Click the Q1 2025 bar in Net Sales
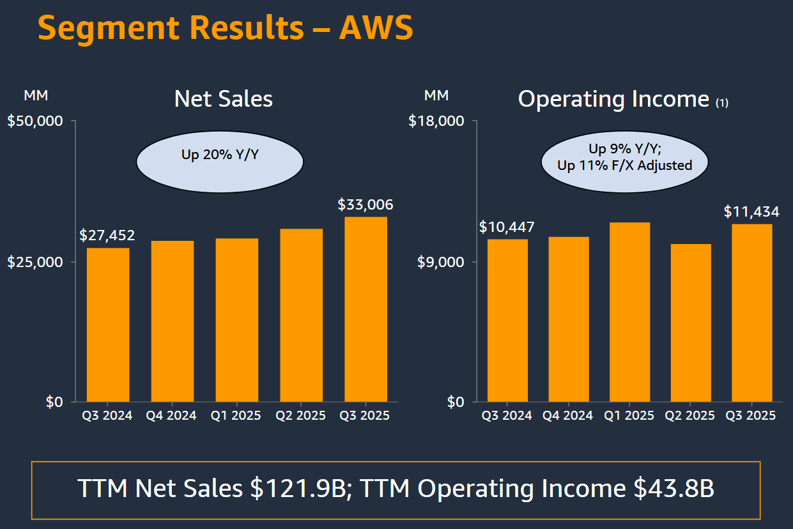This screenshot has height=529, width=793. pos(237,319)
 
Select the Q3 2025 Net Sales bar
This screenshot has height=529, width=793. pos(366,309)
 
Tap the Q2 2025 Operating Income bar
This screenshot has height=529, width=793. pos(690,323)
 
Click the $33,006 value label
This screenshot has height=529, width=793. pos(366,205)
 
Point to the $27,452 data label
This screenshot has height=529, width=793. pos(107,235)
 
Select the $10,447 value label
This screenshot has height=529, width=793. pos(507,227)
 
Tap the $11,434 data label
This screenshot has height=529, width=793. pos(751,211)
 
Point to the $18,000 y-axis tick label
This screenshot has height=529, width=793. pos(436,121)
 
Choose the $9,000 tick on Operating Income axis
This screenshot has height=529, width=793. pos(440,262)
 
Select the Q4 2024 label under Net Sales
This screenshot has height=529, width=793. pos(172,415)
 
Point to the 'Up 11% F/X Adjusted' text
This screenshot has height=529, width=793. pos(625,165)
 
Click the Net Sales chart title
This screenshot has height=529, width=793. pos(224,99)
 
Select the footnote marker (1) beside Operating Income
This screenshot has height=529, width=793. pos(721,103)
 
